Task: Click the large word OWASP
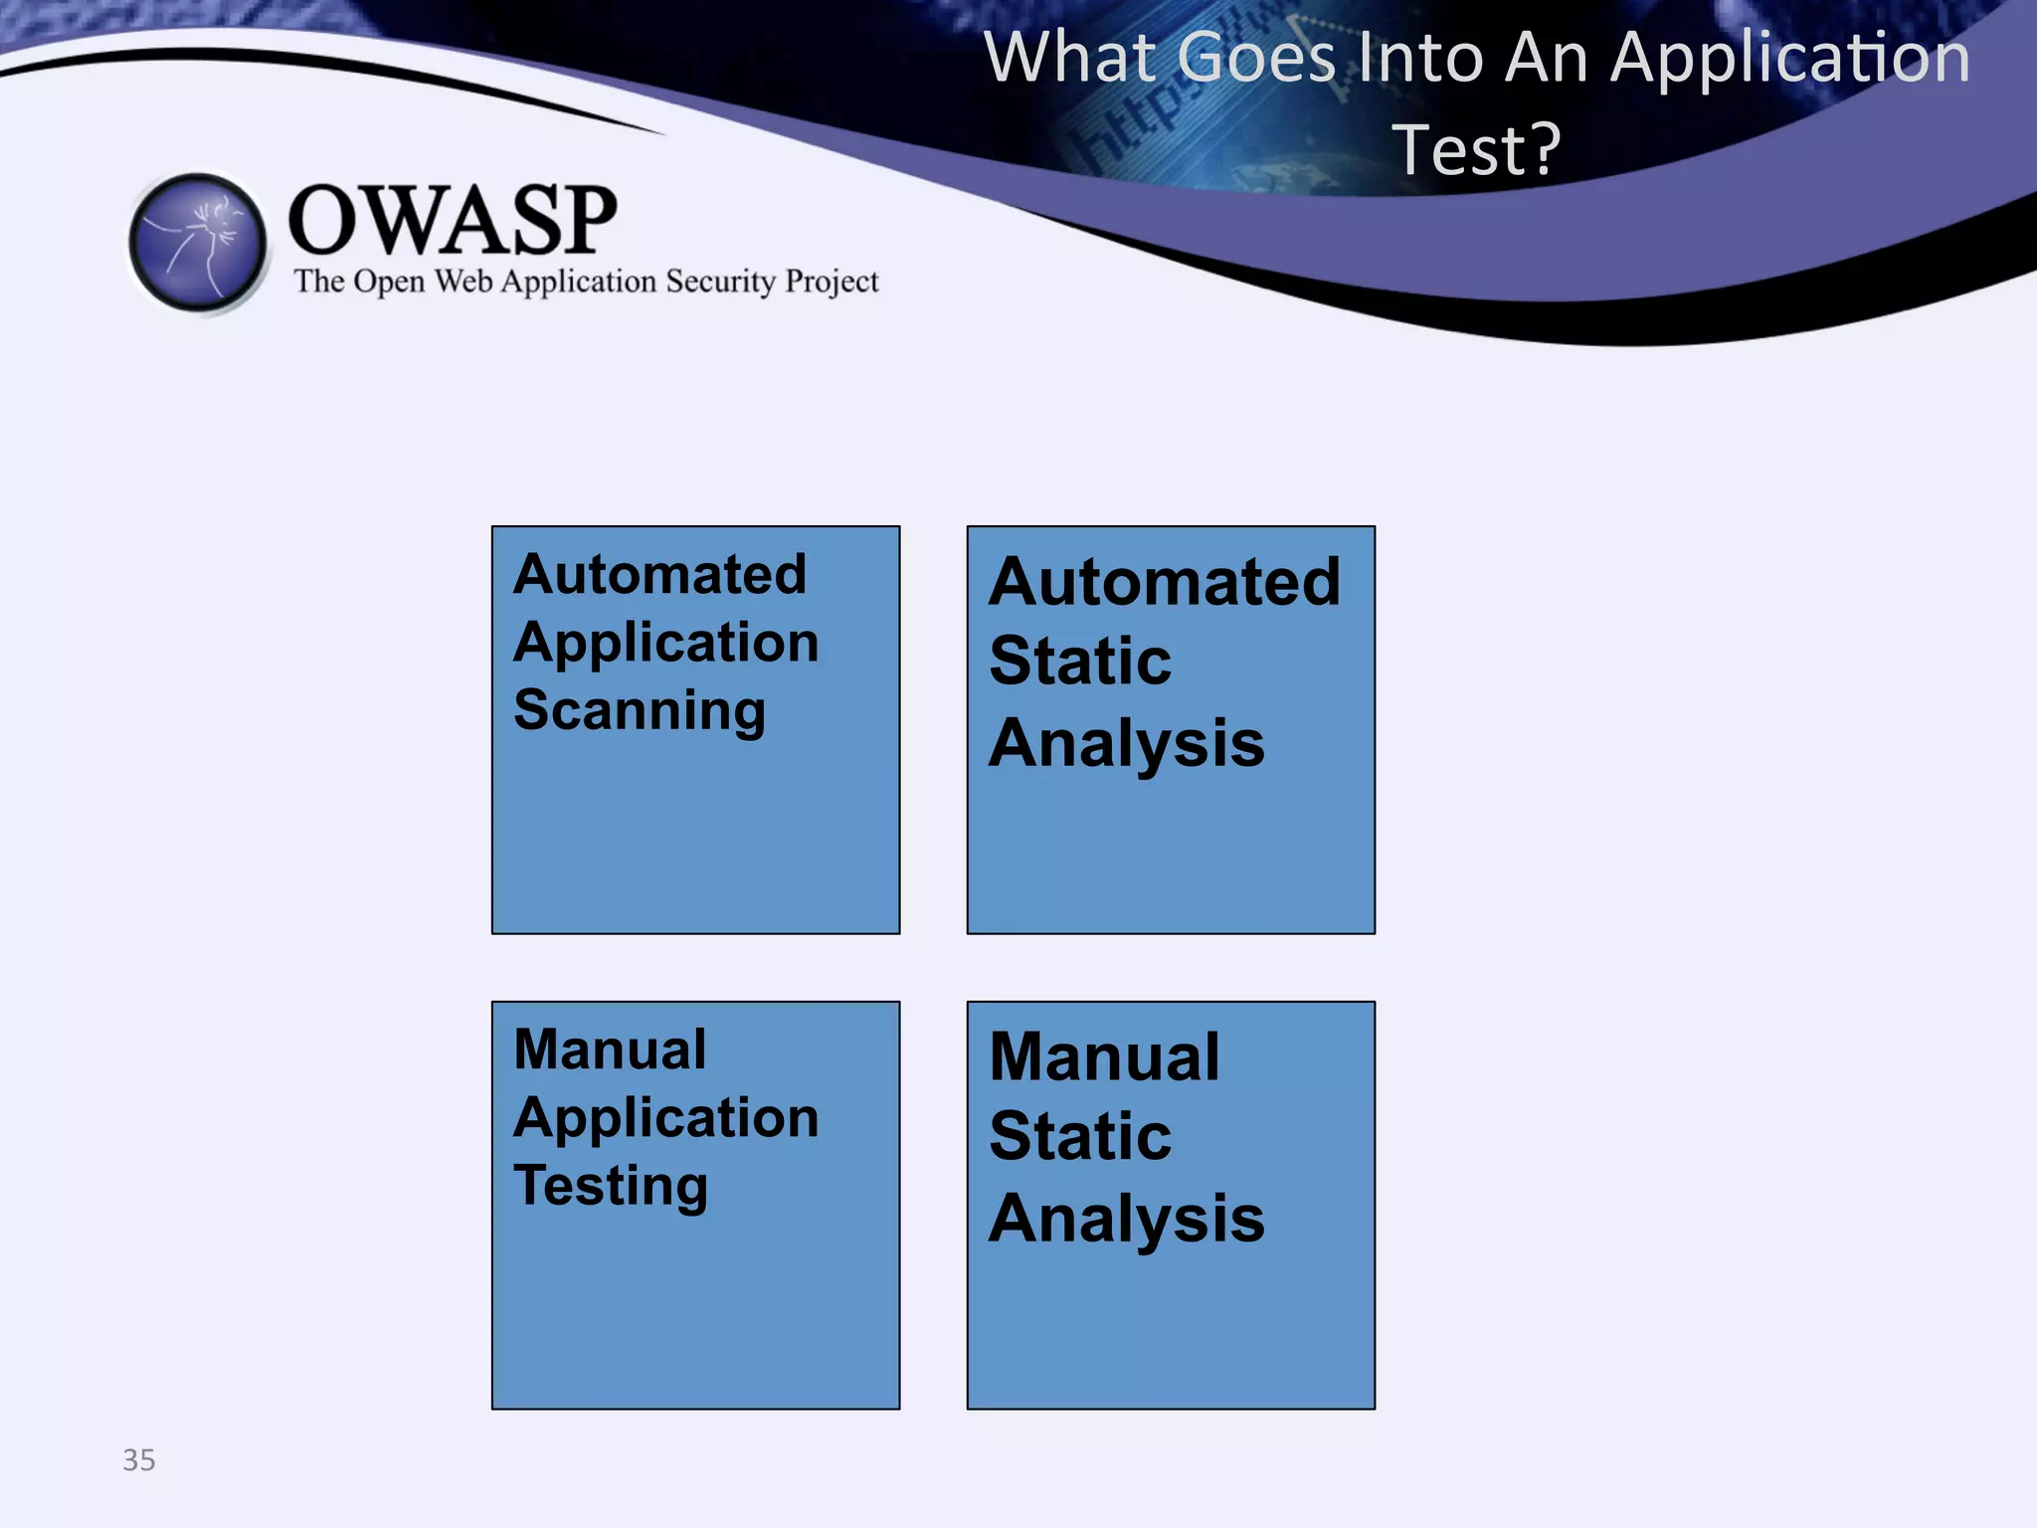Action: (x=453, y=220)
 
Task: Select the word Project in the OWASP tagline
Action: (x=832, y=283)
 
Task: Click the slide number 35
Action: (x=139, y=1459)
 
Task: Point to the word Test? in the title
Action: (x=1476, y=149)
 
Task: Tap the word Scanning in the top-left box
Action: (x=640, y=710)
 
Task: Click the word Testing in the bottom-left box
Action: (x=611, y=1186)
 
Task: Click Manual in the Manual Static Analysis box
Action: (x=1104, y=1056)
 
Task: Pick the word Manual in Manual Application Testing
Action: (x=610, y=1050)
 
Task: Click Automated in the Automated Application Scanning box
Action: (x=659, y=574)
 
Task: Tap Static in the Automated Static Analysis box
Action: (x=1080, y=661)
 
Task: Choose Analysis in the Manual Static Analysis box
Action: (x=1126, y=1219)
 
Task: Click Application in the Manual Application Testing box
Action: (x=665, y=1118)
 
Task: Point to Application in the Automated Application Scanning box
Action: (x=665, y=643)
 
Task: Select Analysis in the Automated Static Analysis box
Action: (x=1126, y=743)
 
